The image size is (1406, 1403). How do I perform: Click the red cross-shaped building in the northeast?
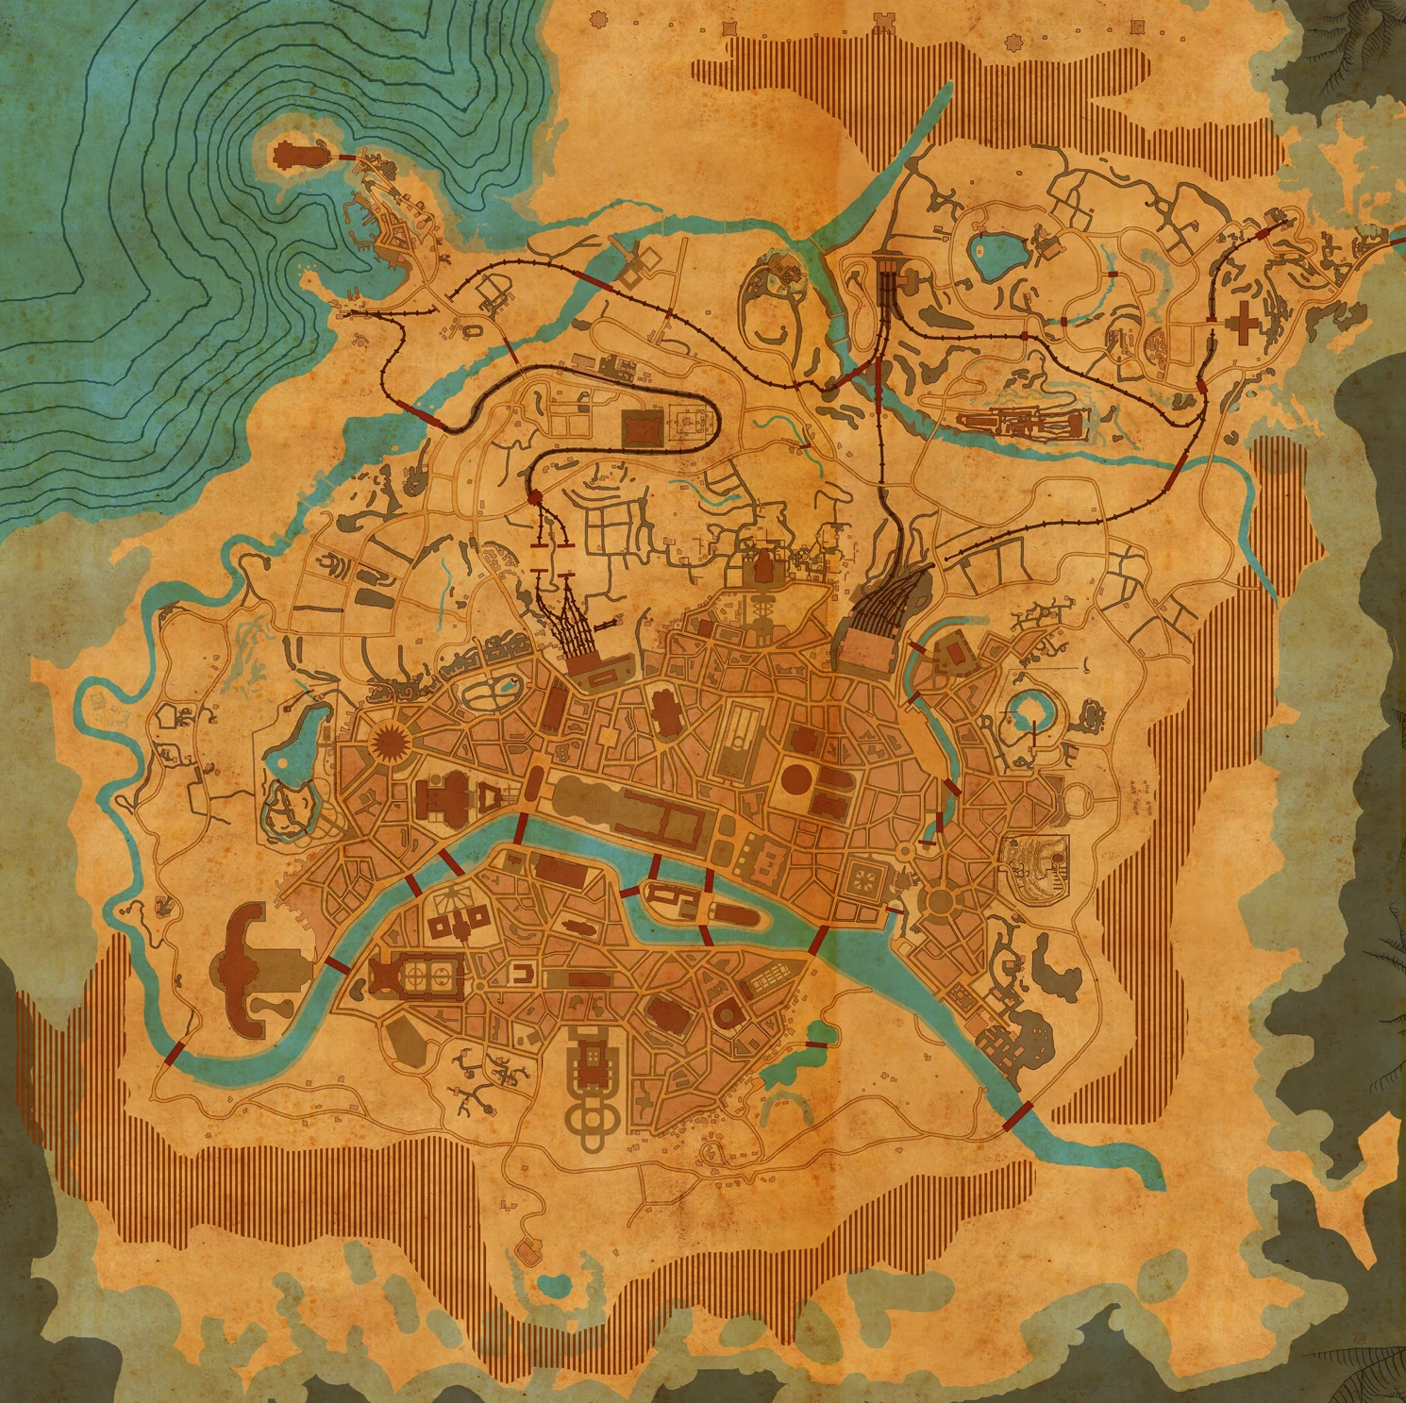click(x=1244, y=325)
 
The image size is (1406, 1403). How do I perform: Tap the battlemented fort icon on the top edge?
click(x=884, y=21)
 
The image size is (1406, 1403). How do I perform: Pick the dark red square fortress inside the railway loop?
click(x=644, y=429)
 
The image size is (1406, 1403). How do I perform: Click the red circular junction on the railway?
click(x=533, y=496)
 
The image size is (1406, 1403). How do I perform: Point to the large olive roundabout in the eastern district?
click(x=940, y=901)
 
